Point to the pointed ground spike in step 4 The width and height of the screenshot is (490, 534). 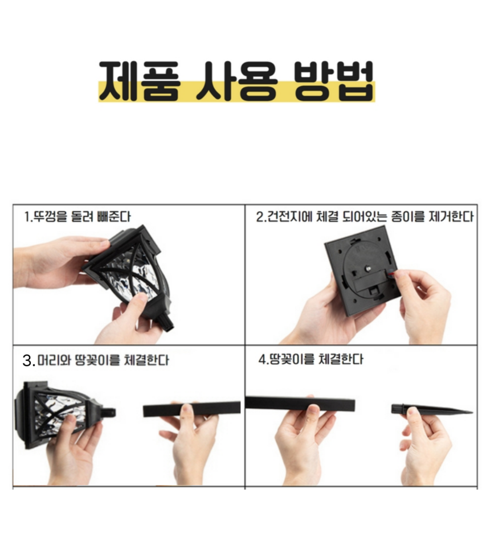431,409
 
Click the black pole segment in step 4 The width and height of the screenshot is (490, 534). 300,404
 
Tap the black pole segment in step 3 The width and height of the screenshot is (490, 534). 191,409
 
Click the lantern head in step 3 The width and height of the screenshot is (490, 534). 58,413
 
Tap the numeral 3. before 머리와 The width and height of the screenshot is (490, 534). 28,361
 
